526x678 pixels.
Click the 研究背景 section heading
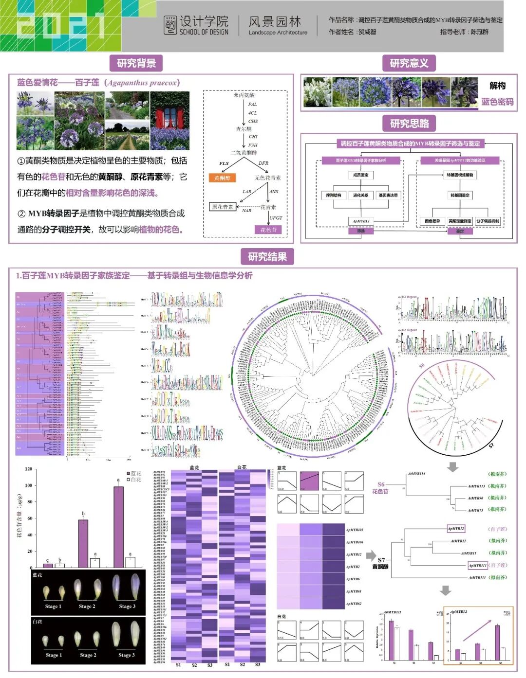(x=136, y=63)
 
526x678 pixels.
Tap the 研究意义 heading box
(x=409, y=63)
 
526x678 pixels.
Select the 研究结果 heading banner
(x=267, y=257)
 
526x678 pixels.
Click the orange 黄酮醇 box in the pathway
(x=222, y=178)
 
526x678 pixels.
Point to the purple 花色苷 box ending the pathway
(x=268, y=230)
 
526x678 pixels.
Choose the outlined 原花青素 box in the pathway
(x=223, y=207)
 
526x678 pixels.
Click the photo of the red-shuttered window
(x=170, y=120)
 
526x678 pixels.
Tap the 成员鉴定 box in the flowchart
(x=361, y=175)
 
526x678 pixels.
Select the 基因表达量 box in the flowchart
(x=388, y=195)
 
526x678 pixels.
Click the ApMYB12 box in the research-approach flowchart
(x=361, y=221)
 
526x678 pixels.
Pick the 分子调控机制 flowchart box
(x=488, y=221)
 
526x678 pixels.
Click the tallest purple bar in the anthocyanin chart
(x=118, y=527)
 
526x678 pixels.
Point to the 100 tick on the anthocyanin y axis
(x=29, y=485)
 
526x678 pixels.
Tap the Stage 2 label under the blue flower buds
(x=87, y=607)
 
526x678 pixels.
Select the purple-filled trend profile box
(x=309, y=481)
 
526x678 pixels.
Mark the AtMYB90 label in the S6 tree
(x=475, y=498)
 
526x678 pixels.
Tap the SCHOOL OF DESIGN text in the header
(x=204, y=32)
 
